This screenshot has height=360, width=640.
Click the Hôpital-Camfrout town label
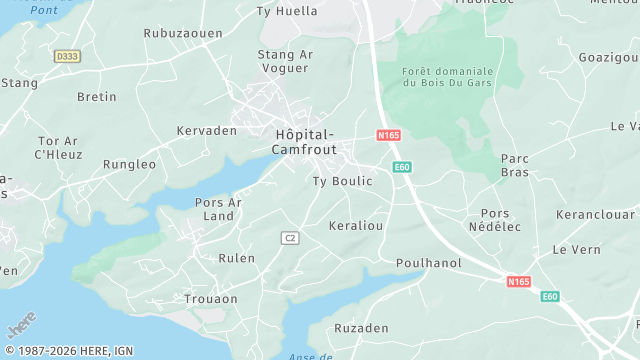point(304,141)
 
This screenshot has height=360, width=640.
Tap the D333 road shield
point(67,57)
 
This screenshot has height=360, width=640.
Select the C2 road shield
point(290,237)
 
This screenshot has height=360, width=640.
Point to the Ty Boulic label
point(342,181)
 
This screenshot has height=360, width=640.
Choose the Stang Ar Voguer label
point(285,61)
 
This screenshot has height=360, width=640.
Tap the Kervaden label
point(206,130)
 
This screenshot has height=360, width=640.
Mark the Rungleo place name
point(130,164)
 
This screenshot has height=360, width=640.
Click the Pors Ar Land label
point(218,209)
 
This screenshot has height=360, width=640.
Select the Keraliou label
point(356,226)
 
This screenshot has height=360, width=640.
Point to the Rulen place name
point(236,258)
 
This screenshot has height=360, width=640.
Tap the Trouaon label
point(211,299)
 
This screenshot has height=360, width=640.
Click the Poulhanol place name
point(428,261)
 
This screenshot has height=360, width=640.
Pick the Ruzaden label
point(361,328)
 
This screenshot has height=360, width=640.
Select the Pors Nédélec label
point(494,220)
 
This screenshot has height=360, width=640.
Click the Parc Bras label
point(514,165)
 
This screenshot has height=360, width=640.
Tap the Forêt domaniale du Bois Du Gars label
point(448,77)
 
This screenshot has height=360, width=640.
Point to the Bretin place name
point(97,97)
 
